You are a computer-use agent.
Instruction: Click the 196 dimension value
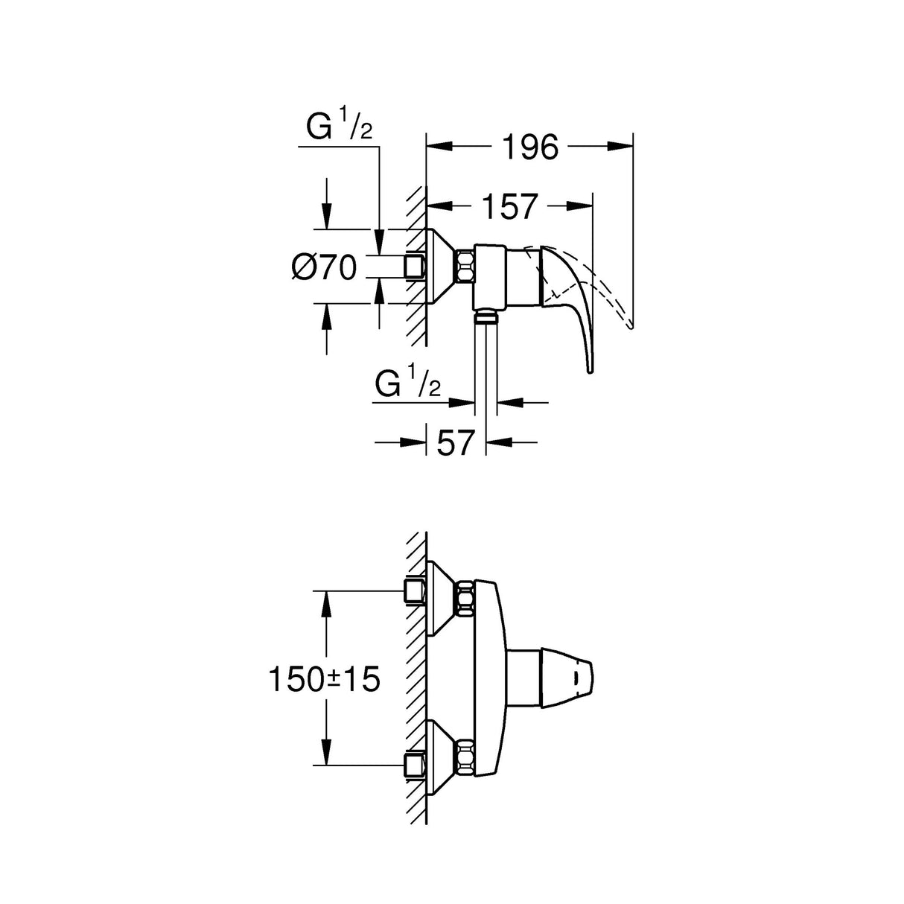pyautogui.click(x=529, y=147)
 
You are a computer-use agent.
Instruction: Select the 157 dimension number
pyautogui.click(x=509, y=207)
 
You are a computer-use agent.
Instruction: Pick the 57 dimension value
pyautogui.click(x=455, y=444)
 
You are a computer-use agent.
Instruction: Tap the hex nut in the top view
pyautogui.click(x=466, y=266)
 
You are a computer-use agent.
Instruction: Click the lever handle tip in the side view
pyautogui.click(x=590, y=368)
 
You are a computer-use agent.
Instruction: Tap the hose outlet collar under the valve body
pyautogui.click(x=486, y=318)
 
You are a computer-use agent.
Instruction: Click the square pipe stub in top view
pyautogui.click(x=414, y=266)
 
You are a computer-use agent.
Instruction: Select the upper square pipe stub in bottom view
pyautogui.click(x=414, y=591)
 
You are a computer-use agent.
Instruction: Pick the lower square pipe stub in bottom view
pyautogui.click(x=414, y=765)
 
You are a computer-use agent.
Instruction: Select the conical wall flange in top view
pyautogui.click(x=443, y=266)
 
